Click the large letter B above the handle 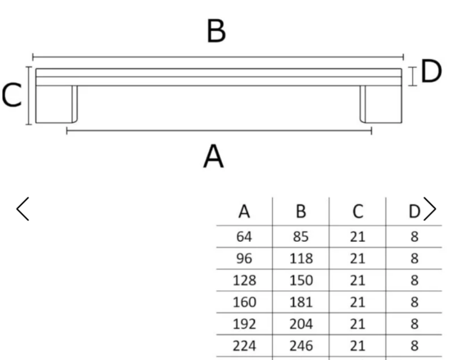coord(216,31)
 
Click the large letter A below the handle coord(213,156)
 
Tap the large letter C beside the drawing coord(11,95)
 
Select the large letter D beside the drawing coord(431,71)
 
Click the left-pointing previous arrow coord(23,208)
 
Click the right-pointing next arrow coord(429,208)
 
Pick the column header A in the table coord(244,212)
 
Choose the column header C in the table coord(358,212)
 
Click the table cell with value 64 coord(244,237)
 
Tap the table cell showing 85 coord(301,237)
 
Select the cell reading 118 coord(301,258)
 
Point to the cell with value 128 coord(244,280)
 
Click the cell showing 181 coord(301,302)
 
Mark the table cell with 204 coord(301,324)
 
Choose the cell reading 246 coord(301,346)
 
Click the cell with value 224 coord(244,346)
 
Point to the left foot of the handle coord(57,104)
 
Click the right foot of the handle coord(381,104)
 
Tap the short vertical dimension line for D coord(412,76)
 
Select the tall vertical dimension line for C coord(29,96)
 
